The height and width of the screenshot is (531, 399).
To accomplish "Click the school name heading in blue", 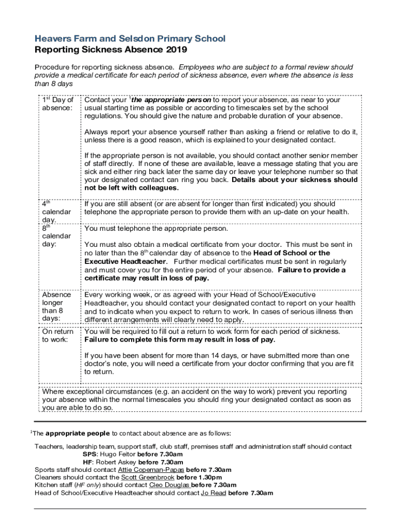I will (130, 39).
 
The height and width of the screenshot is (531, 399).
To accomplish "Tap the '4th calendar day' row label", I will (56, 212).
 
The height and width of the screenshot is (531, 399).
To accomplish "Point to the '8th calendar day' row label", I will (56, 235).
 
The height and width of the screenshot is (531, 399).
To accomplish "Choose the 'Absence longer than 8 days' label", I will (53, 306).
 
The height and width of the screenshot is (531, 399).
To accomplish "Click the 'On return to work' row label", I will (57, 336).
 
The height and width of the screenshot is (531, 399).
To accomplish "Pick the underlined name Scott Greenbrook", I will (148, 478).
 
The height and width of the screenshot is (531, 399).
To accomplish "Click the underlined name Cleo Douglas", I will (169, 485).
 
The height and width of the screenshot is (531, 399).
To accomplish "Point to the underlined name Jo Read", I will (213, 493).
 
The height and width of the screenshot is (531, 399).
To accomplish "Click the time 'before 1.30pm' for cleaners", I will (199, 478).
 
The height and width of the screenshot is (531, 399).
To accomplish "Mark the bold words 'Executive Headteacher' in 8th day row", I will (125, 261).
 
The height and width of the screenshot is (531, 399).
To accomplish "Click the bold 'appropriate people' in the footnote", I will (77, 434).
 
